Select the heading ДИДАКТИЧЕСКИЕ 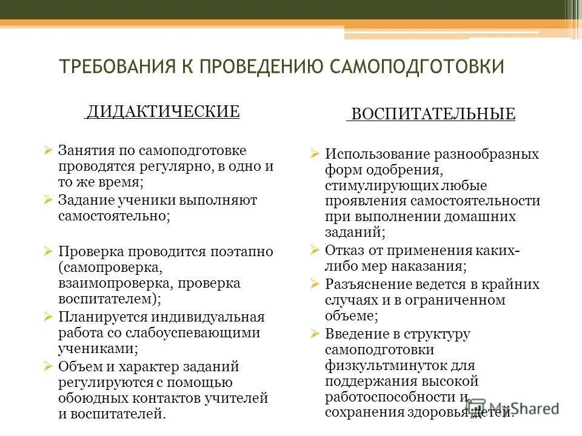[162, 111]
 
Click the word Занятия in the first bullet [82, 150]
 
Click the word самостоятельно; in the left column [115, 216]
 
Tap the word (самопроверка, [110, 267]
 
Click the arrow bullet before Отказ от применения [314, 249]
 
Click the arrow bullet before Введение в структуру [314, 333]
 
